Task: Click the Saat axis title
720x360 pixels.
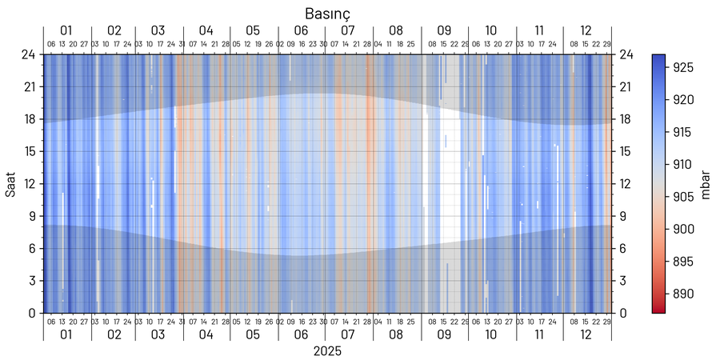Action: pyautogui.click(x=11, y=183)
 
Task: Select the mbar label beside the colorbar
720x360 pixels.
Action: pyautogui.click(x=706, y=183)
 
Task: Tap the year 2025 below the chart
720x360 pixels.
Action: pyautogui.click(x=327, y=351)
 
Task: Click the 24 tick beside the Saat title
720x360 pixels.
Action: pyautogui.click(x=28, y=54)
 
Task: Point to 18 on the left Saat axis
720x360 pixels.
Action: pyautogui.click(x=28, y=119)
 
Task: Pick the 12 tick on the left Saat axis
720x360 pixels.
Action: pyautogui.click(x=28, y=183)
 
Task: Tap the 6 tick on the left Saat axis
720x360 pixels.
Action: pyautogui.click(x=31, y=248)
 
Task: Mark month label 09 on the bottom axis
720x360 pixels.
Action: pyautogui.click(x=444, y=335)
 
